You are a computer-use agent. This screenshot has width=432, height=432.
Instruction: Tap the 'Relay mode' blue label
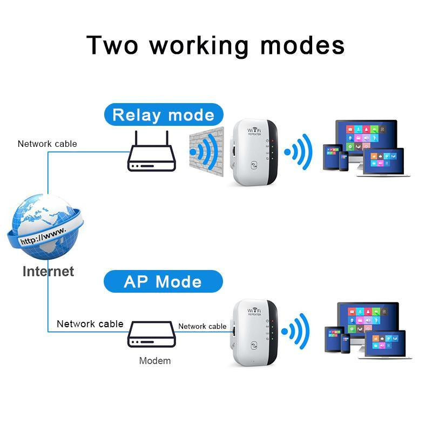[163, 115]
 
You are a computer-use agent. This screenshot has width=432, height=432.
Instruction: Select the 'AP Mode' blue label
[163, 281]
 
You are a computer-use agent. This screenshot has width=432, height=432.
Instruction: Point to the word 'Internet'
[48, 271]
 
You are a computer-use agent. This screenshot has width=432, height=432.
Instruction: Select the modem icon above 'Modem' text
[151, 335]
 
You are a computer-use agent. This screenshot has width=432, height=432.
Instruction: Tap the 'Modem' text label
[155, 361]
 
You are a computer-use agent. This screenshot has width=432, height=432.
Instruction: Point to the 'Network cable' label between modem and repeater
[202, 326]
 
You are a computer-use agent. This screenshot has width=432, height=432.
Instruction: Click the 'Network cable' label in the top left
[48, 144]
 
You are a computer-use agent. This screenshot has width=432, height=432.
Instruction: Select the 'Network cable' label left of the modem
[90, 324]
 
